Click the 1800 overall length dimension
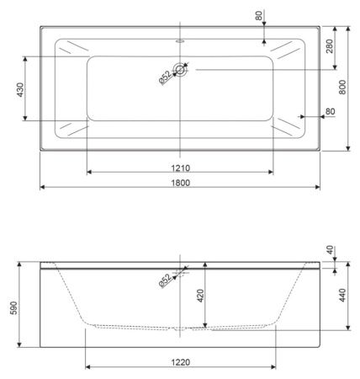pos(181,181)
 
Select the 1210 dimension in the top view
pos(181,167)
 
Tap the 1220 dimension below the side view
pos(181,361)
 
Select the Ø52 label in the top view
pos(166,77)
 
